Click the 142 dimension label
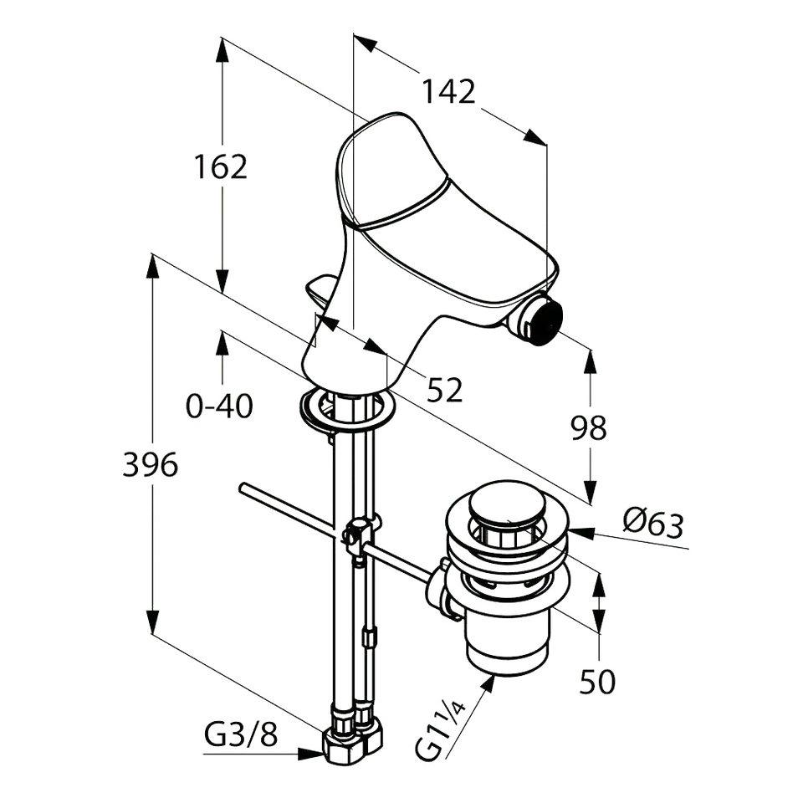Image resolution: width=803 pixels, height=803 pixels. click(x=448, y=92)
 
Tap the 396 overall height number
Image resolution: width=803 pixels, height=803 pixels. click(x=151, y=464)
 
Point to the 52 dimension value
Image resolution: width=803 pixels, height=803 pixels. click(x=444, y=390)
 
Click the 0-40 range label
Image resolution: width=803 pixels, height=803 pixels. click(x=219, y=407)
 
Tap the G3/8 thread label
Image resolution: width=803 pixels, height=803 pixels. click(x=241, y=736)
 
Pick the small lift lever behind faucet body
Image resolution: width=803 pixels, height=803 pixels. click(x=321, y=290)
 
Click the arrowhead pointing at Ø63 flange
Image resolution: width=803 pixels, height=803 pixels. click(x=582, y=534)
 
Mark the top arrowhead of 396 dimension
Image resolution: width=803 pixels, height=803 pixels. click(x=152, y=266)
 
